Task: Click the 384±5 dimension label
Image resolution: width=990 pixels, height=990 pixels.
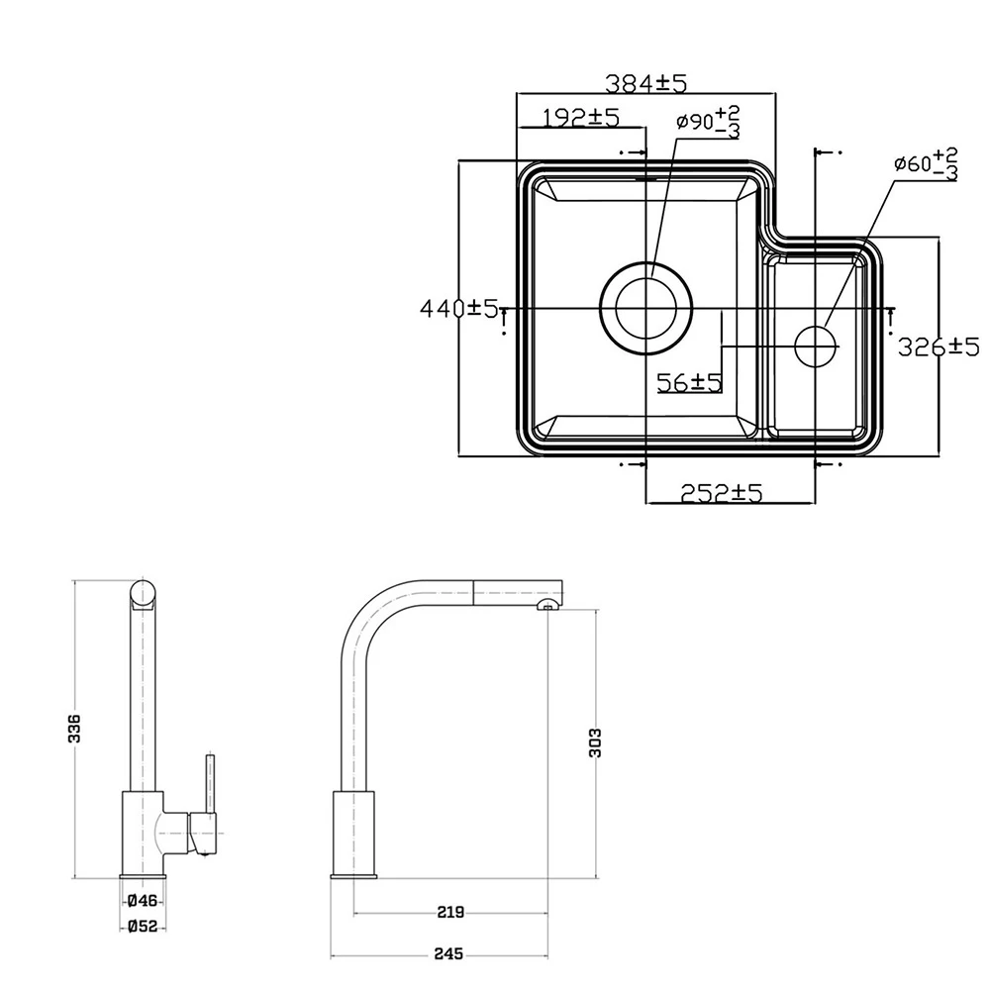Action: tap(646, 84)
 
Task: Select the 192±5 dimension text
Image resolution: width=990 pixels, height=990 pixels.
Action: tap(581, 118)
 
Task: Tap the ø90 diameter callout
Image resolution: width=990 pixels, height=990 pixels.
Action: tap(707, 123)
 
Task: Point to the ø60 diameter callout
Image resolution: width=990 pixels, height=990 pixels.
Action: tap(925, 163)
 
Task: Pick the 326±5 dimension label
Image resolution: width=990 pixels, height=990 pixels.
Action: tap(938, 346)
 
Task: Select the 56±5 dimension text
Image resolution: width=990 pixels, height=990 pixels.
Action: tap(690, 381)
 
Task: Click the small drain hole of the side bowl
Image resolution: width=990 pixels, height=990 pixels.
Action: tap(817, 345)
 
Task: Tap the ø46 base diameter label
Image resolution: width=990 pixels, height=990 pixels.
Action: tap(143, 900)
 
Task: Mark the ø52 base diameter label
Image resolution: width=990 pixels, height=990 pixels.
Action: tap(143, 927)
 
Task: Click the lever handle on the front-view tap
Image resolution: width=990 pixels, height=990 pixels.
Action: tap(209, 787)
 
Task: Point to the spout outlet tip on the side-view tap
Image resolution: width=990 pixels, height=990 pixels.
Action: tap(546, 605)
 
